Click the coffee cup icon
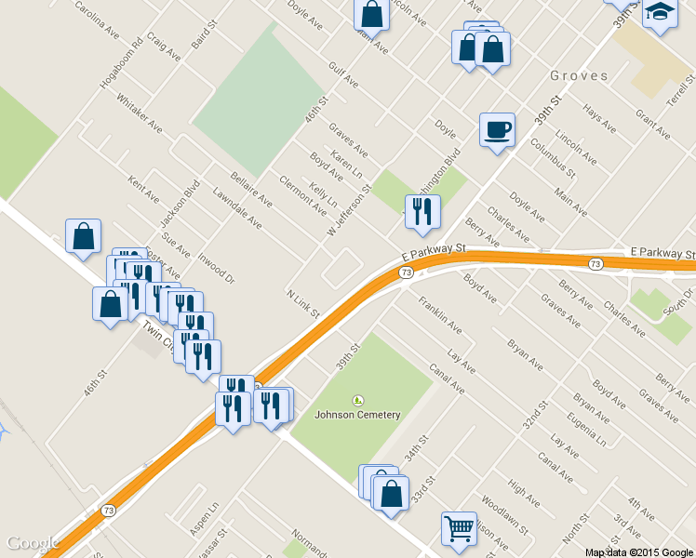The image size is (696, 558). pos(497,129)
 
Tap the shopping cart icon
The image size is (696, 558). pos(459,528)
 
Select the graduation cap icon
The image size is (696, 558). pos(660,12)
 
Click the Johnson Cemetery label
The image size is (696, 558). pos(357,415)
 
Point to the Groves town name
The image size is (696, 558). pos(579,75)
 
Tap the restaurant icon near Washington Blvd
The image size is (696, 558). pos(422,212)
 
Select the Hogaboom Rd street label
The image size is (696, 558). pos(123,64)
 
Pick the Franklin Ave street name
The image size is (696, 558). pos(440,315)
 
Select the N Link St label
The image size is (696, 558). pos(304,302)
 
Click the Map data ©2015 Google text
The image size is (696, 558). pos(639,551)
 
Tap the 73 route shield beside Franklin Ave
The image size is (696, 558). pos(406,272)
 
